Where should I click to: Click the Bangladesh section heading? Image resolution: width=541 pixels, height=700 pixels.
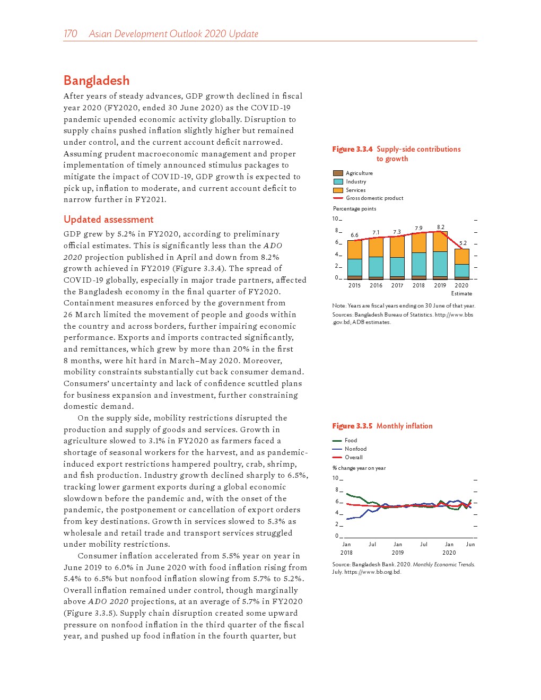click(x=97, y=81)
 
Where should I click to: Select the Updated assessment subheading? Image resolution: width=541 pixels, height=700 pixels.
click(x=108, y=220)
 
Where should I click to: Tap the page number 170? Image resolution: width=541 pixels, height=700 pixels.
click(x=70, y=34)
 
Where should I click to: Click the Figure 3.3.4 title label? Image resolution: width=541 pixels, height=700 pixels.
click(x=352, y=150)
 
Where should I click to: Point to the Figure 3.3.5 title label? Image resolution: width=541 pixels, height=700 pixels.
click(x=352, y=426)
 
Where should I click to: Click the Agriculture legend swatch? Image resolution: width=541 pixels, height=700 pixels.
click(x=338, y=173)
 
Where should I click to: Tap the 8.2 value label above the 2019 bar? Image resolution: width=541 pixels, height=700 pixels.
click(x=441, y=227)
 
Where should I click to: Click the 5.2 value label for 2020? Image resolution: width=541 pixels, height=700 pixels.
click(x=463, y=243)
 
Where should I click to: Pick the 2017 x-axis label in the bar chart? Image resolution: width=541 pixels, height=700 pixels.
click(x=397, y=286)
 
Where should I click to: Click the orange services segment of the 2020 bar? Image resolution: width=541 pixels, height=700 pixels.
click(x=462, y=257)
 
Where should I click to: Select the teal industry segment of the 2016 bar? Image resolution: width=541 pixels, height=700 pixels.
click(x=376, y=267)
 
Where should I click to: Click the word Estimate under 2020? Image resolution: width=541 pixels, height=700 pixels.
click(x=461, y=294)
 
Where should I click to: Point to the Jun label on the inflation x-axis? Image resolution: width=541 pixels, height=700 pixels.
click(x=470, y=545)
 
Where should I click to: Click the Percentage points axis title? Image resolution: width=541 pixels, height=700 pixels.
click(x=354, y=209)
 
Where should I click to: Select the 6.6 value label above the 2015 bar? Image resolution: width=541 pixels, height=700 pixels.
click(x=354, y=235)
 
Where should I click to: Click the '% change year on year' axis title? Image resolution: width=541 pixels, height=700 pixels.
click(x=359, y=468)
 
